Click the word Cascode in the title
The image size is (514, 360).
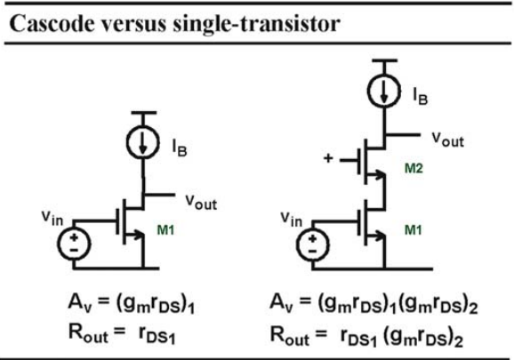[52, 24]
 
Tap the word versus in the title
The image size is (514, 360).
[133, 25]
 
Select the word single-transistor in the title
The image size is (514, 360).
[257, 25]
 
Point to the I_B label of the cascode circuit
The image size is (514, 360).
[421, 96]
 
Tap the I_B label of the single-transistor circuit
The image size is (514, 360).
[180, 148]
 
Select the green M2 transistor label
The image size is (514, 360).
[414, 168]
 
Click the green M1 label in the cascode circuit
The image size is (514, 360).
[414, 230]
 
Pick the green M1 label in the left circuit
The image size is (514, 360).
[166, 230]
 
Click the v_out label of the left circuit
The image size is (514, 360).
[201, 202]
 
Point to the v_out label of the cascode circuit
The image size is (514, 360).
[448, 140]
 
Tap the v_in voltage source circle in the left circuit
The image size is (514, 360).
[74, 244]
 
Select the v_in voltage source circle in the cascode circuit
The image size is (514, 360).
[312, 245]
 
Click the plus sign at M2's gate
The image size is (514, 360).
[328, 158]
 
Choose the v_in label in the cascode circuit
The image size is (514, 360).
[291, 219]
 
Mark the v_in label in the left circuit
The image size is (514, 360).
[52, 217]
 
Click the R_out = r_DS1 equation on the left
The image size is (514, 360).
[122, 333]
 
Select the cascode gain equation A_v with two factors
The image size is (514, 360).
[373, 303]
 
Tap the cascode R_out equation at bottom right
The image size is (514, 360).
[366, 336]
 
